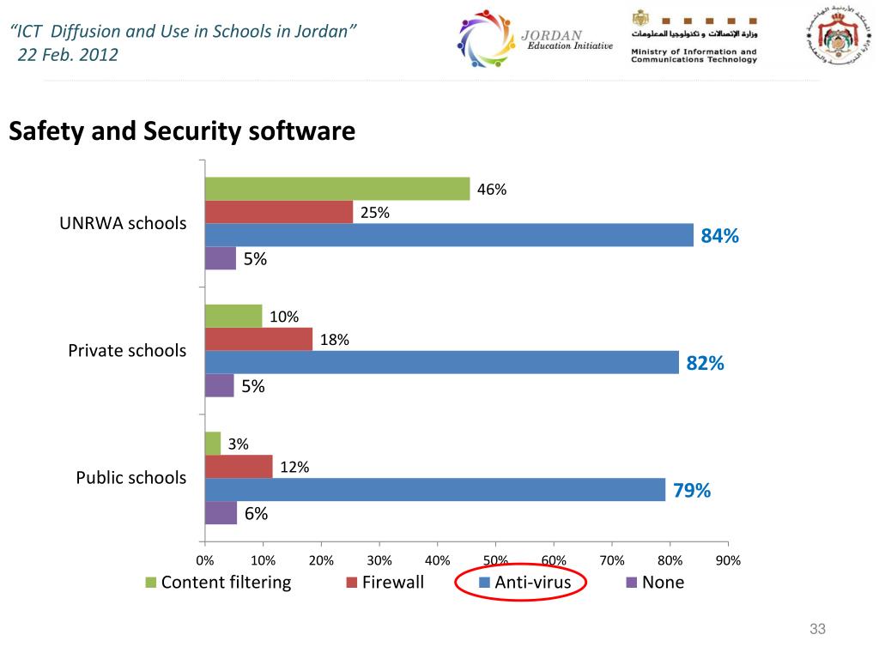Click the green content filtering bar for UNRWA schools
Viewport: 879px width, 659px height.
(337, 189)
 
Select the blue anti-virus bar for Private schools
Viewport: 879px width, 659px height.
(442, 362)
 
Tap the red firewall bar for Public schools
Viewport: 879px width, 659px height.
(239, 467)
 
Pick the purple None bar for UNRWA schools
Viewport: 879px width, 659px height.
(221, 258)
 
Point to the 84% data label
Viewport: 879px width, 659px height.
(719, 237)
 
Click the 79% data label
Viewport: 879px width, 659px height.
(691, 491)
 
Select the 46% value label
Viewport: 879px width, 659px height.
(492, 190)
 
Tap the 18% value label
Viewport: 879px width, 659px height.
(334, 340)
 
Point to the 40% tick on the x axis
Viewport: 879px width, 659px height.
(438, 561)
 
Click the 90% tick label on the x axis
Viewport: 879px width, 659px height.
(728, 561)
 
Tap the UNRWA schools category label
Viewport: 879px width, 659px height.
(123, 224)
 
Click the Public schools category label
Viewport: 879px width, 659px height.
(130, 478)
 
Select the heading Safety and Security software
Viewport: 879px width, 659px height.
(182, 132)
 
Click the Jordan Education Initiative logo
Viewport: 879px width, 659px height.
(534, 40)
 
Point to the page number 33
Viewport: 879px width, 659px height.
(817, 631)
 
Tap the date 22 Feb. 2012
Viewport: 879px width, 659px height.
(67, 55)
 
